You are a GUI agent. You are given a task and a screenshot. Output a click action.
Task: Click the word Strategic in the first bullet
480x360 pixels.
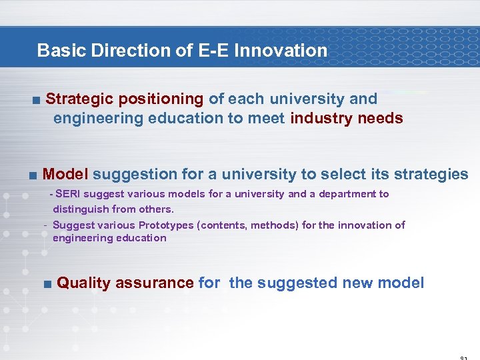point(79,99)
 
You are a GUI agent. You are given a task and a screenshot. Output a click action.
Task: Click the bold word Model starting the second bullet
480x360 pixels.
point(65,175)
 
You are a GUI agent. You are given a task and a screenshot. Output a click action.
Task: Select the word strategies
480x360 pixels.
point(431,175)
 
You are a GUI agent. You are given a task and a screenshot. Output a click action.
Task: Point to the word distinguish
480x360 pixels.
point(79,209)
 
